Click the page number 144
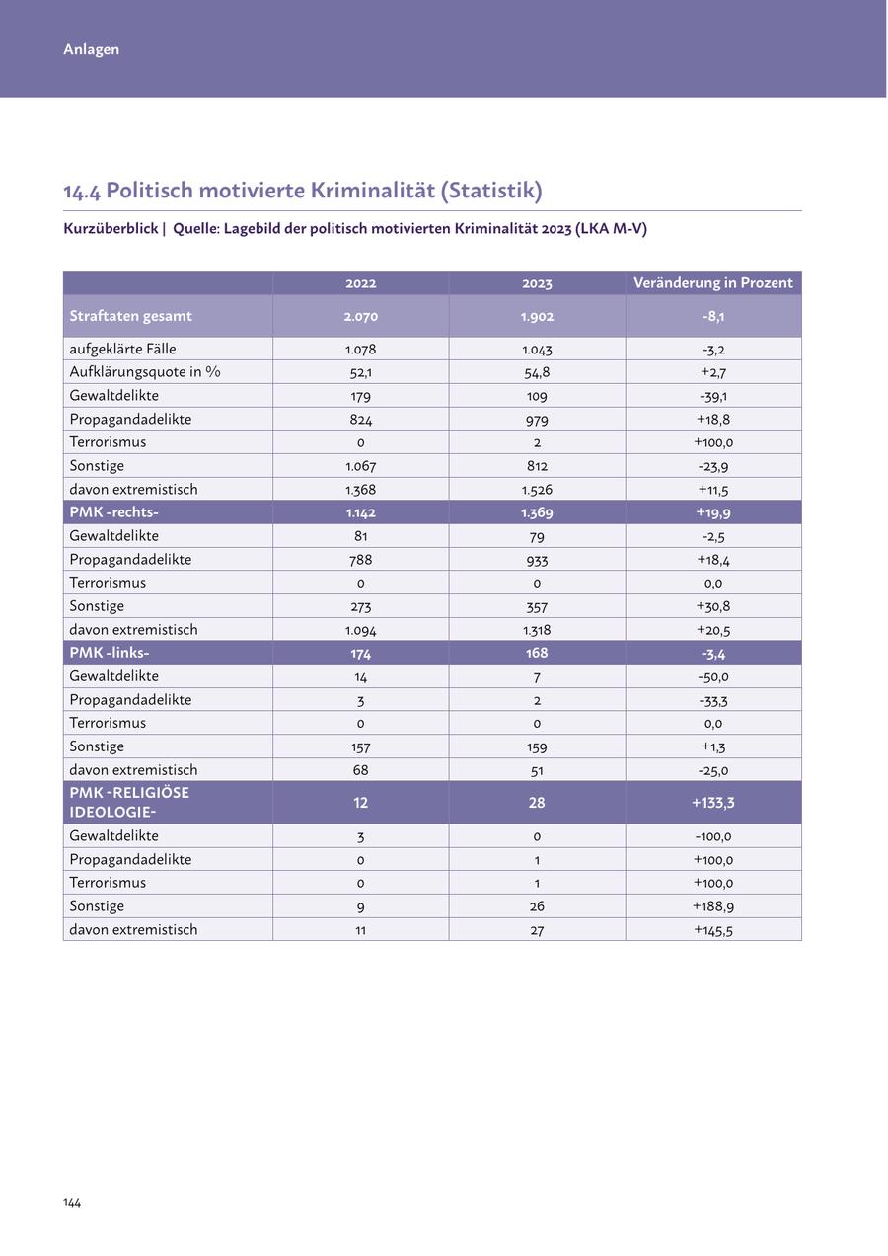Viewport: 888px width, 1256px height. [x=72, y=1202]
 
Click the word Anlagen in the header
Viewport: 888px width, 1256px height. [x=91, y=49]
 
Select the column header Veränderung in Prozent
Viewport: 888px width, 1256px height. [x=712, y=283]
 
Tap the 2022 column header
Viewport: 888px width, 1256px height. [x=360, y=283]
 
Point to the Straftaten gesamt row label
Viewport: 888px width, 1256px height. [x=130, y=316]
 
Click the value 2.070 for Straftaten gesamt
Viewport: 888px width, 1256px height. [x=360, y=317]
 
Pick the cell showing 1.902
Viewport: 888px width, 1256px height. [x=537, y=317]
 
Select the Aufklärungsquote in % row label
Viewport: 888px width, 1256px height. [x=144, y=372]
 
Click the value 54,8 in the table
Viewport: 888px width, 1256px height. [x=537, y=372]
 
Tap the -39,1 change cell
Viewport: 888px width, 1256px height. [x=712, y=396]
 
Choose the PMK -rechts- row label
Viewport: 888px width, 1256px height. [x=113, y=512]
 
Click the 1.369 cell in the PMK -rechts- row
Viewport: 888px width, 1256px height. [x=537, y=512]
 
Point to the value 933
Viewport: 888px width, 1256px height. [x=537, y=560]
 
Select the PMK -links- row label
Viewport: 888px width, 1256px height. [x=109, y=653]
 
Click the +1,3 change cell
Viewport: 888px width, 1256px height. [x=712, y=747]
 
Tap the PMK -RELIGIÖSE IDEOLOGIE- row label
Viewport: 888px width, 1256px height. [x=128, y=802]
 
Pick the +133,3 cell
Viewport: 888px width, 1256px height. [x=712, y=803]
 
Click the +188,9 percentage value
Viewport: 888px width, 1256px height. [x=712, y=906]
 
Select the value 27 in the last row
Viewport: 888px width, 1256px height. [x=537, y=930]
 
